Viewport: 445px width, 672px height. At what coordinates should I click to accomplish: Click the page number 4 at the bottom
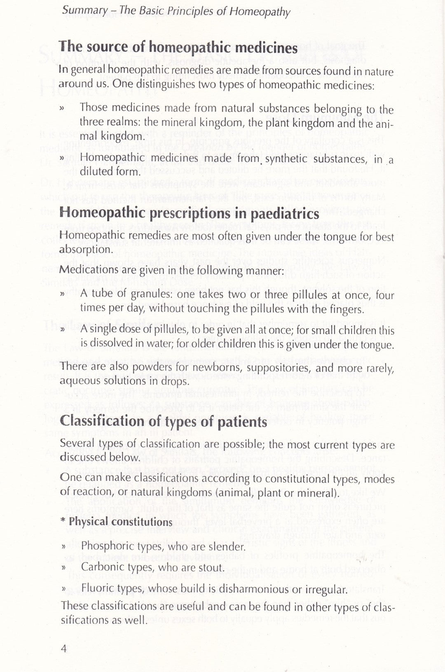64,649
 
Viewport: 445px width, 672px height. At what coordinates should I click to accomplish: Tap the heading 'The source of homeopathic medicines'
178,48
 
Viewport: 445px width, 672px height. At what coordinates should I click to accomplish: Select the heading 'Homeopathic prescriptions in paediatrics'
189,214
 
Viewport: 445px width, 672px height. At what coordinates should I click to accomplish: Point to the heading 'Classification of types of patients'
164,422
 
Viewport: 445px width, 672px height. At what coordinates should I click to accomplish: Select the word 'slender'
226,546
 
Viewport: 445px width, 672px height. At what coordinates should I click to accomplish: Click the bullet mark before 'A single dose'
62,330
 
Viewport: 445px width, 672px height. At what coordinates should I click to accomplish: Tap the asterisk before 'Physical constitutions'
63,521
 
